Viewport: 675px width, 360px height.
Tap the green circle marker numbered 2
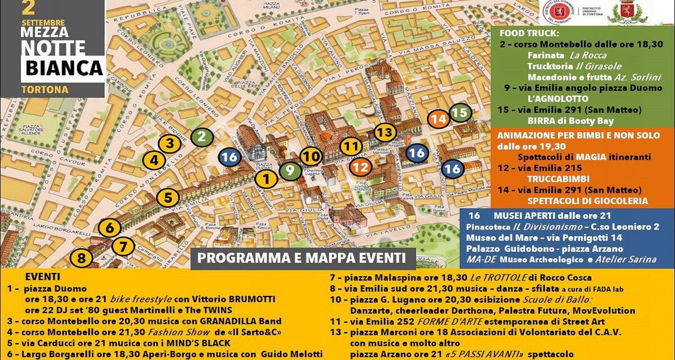[201, 136]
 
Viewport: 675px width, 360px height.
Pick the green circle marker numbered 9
[290, 170]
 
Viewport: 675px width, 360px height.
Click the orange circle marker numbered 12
[361, 166]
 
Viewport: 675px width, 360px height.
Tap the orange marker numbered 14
[439, 119]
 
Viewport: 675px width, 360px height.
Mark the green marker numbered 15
[460, 113]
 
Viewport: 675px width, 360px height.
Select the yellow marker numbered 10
[310, 156]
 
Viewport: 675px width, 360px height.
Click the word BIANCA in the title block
[64, 69]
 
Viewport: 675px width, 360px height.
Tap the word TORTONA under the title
[44, 89]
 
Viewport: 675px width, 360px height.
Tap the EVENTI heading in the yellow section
[43, 277]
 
